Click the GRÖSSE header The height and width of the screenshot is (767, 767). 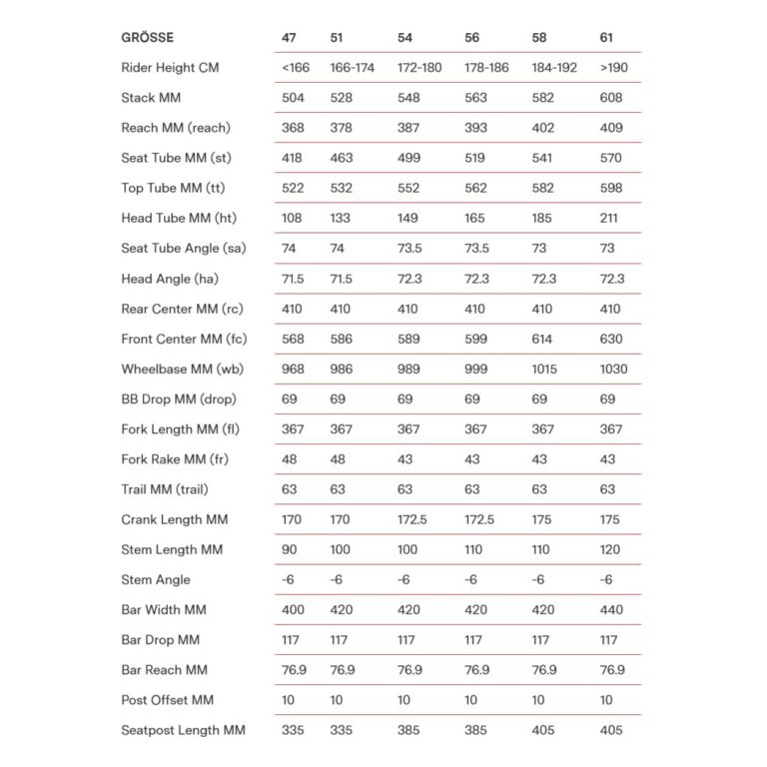(148, 38)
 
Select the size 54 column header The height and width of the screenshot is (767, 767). (404, 38)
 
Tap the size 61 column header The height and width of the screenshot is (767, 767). (607, 38)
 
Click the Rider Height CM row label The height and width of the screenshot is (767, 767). (170, 68)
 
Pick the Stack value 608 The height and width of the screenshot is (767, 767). (611, 98)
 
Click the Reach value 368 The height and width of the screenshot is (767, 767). (293, 128)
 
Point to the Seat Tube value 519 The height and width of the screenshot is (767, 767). (476, 158)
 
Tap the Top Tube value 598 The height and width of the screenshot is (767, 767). (611, 188)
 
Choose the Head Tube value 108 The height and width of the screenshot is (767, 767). (292, 218)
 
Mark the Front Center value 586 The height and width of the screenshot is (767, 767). (342, 339)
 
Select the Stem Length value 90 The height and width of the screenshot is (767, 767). (290, 549)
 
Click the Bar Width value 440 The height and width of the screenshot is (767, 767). (611, 609)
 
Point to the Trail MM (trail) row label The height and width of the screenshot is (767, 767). (165, 489)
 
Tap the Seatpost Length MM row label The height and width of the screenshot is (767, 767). (183, 730)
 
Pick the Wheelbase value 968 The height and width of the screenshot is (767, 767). (293, 369)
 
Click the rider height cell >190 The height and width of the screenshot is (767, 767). (613, 68)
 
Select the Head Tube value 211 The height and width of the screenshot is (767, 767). (610, 218)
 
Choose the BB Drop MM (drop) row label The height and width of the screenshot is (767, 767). (178, 398)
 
